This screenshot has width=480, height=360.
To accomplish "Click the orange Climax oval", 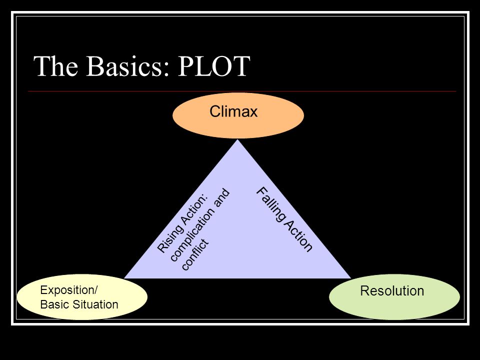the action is [238, 115].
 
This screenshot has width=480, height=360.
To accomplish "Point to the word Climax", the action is [233, 111].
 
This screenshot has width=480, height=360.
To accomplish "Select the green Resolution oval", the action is [394, 296].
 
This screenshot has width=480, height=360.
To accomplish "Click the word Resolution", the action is [392, 291].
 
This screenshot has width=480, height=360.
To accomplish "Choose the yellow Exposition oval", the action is [82, 297].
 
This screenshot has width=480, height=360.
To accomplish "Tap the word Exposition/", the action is [69, 290].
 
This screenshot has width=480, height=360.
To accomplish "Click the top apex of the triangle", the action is [238, 139].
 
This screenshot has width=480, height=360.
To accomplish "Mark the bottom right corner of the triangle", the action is [351, 278].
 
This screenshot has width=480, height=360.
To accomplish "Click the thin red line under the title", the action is [242, 91].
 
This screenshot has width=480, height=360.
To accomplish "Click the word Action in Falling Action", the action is [298, 235].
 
